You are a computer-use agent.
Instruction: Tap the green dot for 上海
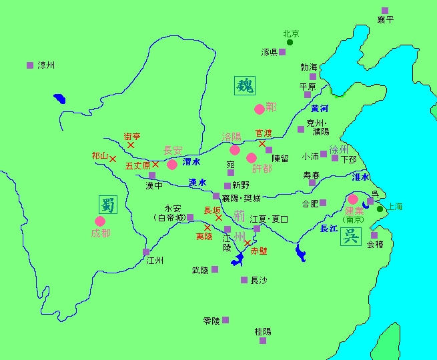[380, 209]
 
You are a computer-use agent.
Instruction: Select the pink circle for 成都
[101, 221]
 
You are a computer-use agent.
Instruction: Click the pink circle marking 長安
[172, 164]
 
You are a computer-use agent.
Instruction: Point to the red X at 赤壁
[248, 243]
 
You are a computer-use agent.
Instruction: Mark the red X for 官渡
[262, 143]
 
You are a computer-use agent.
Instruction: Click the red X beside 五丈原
[155, 164]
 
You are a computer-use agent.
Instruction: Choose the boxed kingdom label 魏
[244, 85]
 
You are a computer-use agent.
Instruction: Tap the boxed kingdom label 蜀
[107, 204]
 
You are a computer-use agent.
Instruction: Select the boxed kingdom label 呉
[350, 237]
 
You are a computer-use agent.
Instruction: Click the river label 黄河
[320, 109]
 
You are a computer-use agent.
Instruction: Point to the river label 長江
[329, 229]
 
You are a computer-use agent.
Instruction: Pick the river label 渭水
[192, 161]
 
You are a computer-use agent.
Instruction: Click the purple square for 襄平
[385, 10]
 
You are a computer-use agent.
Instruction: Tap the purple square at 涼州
[30, 65]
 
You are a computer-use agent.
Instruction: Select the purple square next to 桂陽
[263, 341]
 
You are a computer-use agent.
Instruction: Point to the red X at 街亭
[131, 145]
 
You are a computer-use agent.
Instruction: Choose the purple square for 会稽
[374, 235]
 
